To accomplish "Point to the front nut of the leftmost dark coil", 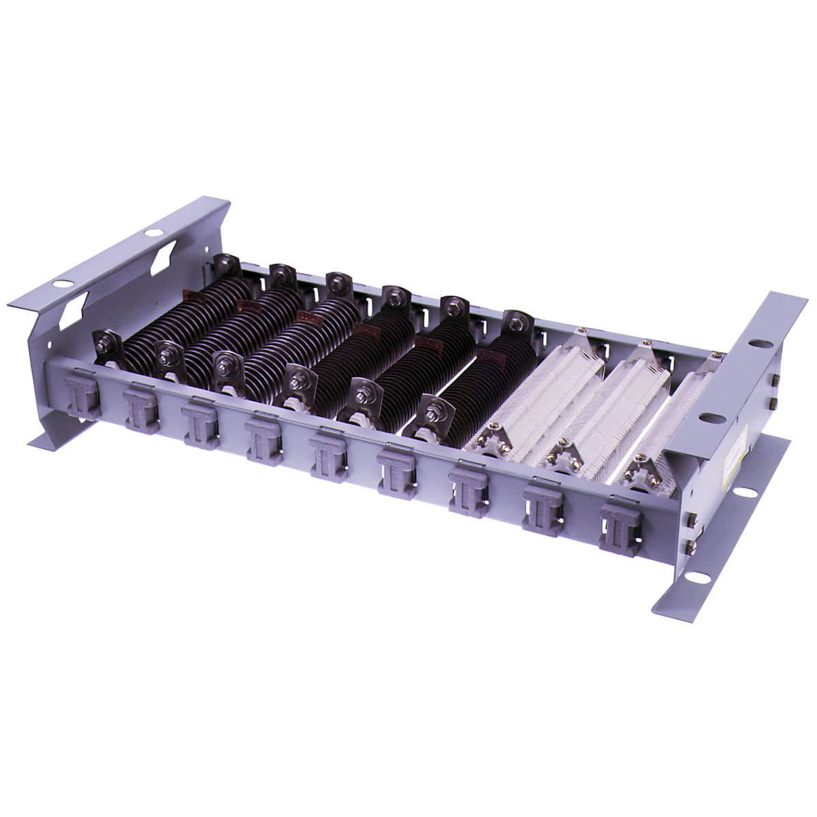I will pos(105,341).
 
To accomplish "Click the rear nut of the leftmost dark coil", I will pos(224,262).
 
